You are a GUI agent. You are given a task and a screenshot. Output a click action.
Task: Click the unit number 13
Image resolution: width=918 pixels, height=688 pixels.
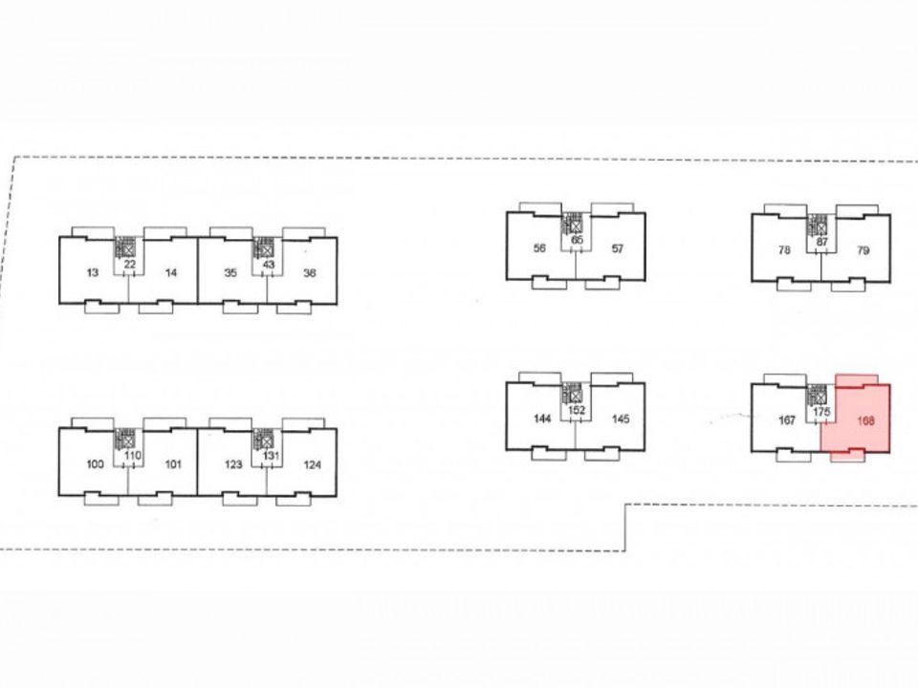(93, 272)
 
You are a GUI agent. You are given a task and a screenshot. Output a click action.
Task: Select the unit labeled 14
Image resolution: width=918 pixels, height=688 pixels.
(171, 272)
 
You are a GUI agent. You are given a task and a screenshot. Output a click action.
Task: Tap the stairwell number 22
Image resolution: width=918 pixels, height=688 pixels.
(129, 265)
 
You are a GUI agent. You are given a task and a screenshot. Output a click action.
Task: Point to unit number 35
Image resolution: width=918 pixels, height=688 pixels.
(230, 272)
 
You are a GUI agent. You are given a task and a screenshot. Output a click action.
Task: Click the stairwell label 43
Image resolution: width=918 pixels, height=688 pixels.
(268, 265)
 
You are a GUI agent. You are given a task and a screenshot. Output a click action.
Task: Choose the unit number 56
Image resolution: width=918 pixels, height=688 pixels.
(539, 248)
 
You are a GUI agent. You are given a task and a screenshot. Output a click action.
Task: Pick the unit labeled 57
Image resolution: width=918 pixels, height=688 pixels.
(618, 248)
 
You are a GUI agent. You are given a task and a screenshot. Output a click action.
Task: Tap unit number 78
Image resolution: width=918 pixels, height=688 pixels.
(784, 249)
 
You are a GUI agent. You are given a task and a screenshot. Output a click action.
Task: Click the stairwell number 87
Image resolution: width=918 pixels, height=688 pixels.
(822, 242)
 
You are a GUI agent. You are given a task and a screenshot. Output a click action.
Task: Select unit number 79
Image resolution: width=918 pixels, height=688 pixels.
(863, 250)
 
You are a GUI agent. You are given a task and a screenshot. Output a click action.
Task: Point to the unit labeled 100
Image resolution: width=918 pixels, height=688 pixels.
(95, 464)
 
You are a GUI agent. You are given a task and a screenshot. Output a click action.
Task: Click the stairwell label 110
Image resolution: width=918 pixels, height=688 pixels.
(132, 456)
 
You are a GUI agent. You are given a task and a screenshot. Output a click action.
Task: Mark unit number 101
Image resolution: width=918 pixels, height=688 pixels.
(173, 464)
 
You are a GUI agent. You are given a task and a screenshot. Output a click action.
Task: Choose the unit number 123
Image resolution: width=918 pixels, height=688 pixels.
(233, 464)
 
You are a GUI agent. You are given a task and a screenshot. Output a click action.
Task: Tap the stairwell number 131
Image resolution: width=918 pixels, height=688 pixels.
(271, 456)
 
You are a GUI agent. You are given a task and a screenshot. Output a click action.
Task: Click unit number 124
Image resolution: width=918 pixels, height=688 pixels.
(312, 464)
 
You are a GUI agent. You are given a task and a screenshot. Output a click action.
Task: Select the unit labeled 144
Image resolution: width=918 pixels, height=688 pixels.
(542, 419)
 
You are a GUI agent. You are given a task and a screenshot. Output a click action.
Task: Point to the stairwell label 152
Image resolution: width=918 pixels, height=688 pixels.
(577, 410)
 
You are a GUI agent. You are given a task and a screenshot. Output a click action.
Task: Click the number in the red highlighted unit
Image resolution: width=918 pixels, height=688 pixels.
(865, 420)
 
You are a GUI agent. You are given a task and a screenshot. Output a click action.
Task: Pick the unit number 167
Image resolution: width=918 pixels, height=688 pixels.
(787, 420)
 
